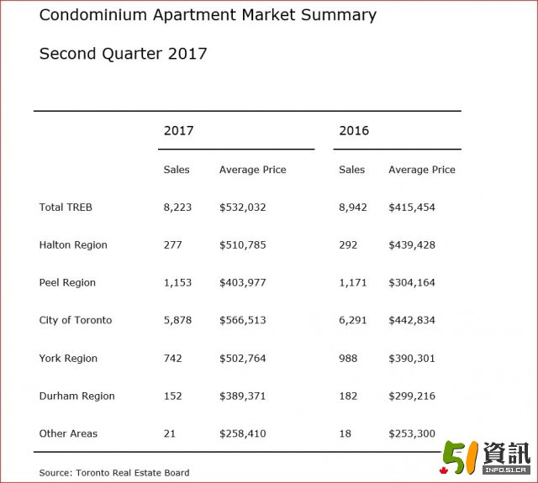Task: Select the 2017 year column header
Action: click(178, 130)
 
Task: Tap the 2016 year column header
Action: click(354, 130)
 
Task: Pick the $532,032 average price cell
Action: click(243, 207)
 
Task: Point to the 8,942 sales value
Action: click(353, 207)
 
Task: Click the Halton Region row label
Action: click(73, 244)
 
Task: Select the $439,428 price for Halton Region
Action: click(412, 244)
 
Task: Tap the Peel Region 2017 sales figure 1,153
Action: click(177, 282)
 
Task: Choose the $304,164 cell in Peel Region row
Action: click(412, 282)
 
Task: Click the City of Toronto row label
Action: click(75, 320)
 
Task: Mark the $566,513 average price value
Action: click(243, 320)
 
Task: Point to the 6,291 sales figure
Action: click(353, 320)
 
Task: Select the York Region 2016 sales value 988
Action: click(348, 358)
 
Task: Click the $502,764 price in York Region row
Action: click(243, 358)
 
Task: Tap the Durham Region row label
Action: click(76, 396)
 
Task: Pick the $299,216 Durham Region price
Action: click(412, 396)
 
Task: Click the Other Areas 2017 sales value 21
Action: click(170, 433)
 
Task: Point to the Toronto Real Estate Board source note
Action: click(114, 473)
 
